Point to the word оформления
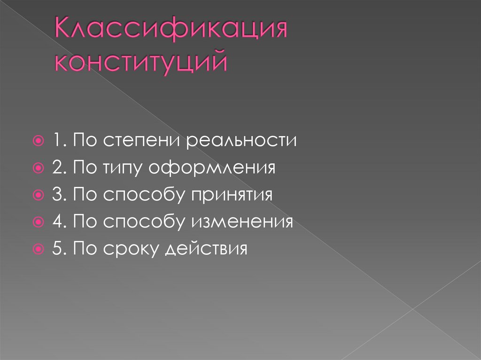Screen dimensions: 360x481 point(212,168)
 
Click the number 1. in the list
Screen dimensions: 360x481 point(58,141)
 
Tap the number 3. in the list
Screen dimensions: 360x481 point(58,194)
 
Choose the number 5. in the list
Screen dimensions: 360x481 point(58,248)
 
